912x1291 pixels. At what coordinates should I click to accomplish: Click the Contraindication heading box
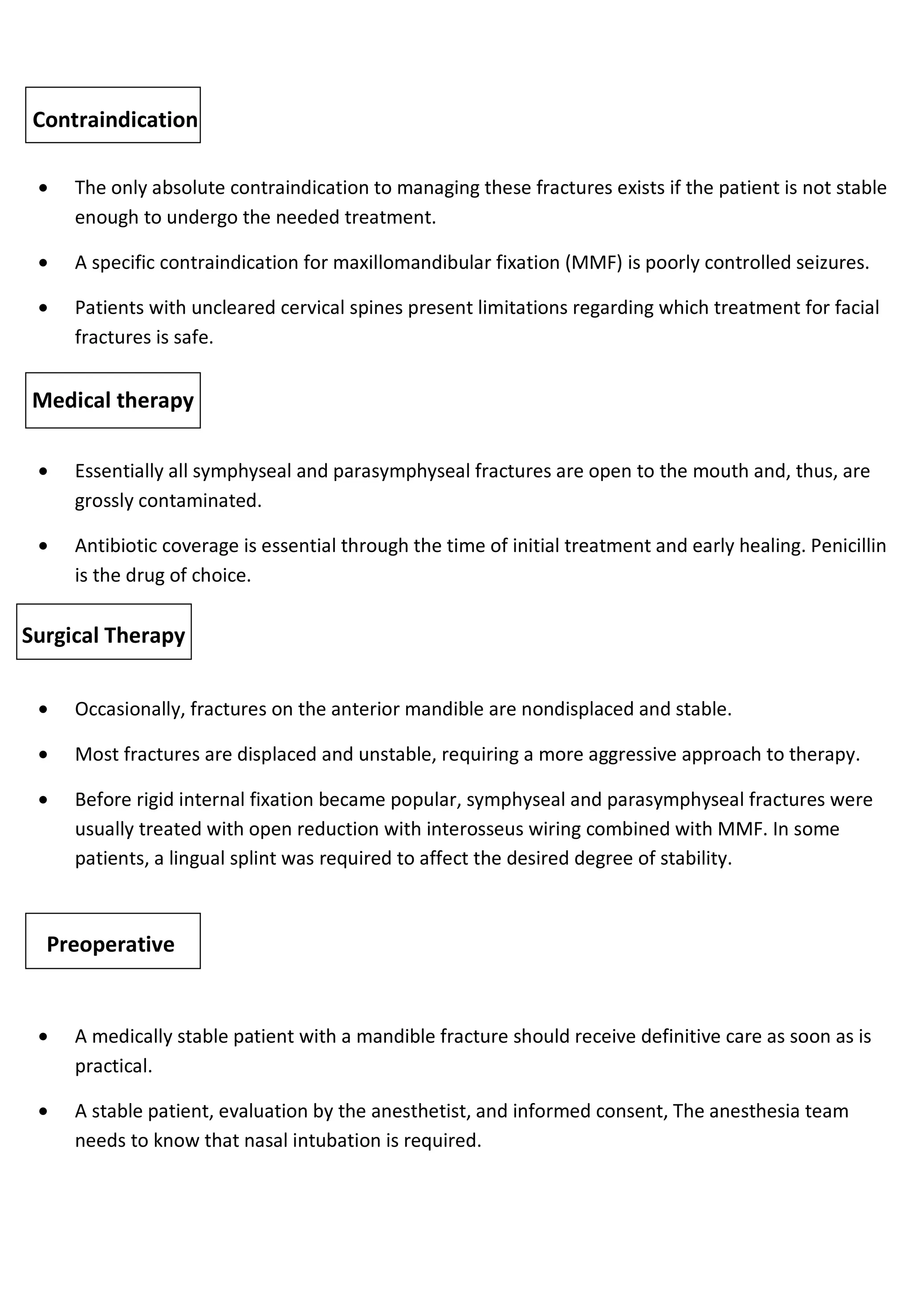tap(113, 115)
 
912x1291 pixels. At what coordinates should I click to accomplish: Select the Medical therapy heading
tap(113, 400)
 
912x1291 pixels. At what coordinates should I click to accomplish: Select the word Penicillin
tap(848, 545)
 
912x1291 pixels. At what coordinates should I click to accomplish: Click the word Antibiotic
tap(117, 545)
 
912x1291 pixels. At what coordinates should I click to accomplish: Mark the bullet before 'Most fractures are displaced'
tap(44, 755)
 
